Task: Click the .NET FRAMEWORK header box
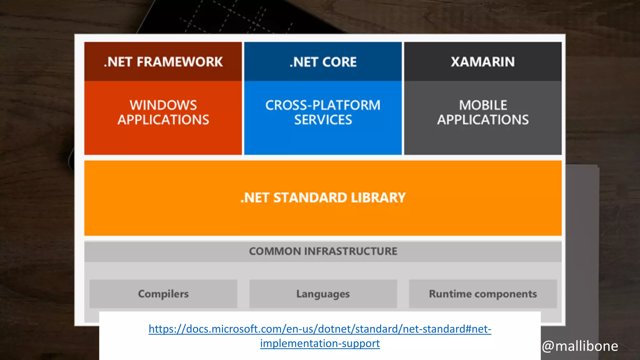(163, 62)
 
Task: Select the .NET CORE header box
(323, 62)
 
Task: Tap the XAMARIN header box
(483, 62)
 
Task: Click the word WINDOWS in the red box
(163, 105)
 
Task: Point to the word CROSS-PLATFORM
(323, 105)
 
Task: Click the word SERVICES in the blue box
(323, 120)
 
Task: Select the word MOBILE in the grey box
(483, 105)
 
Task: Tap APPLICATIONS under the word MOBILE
(483, 120)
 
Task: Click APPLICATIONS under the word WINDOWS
(163, 120)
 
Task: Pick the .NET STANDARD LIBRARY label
(323, 198)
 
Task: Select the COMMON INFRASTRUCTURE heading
(323, 251)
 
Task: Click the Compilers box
(163, 294)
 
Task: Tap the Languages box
(323, 294)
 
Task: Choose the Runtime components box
(483, 294)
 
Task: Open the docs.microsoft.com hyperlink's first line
(320, 329)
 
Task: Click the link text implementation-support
(320, 343)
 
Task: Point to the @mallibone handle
(580, 346)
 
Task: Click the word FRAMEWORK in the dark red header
(180, 62)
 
